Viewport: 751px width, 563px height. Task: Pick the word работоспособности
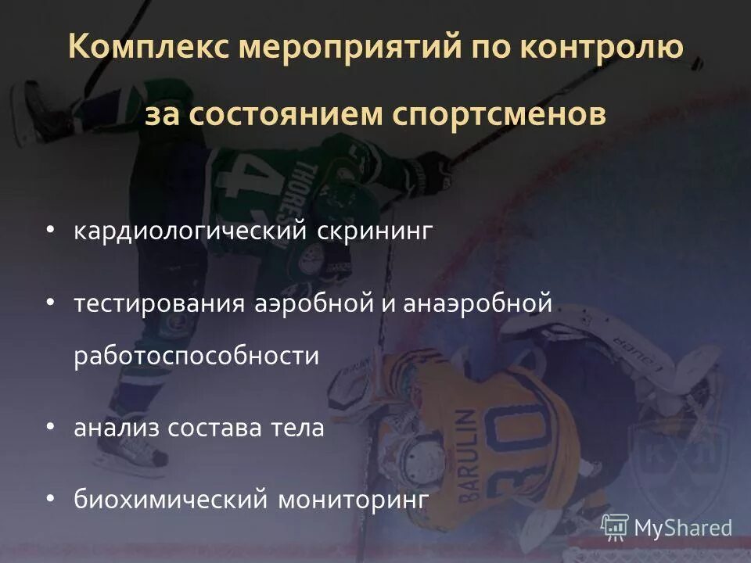(197, 357)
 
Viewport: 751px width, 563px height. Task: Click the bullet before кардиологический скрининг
(51, 231)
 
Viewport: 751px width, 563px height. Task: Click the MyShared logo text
(683, 528)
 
